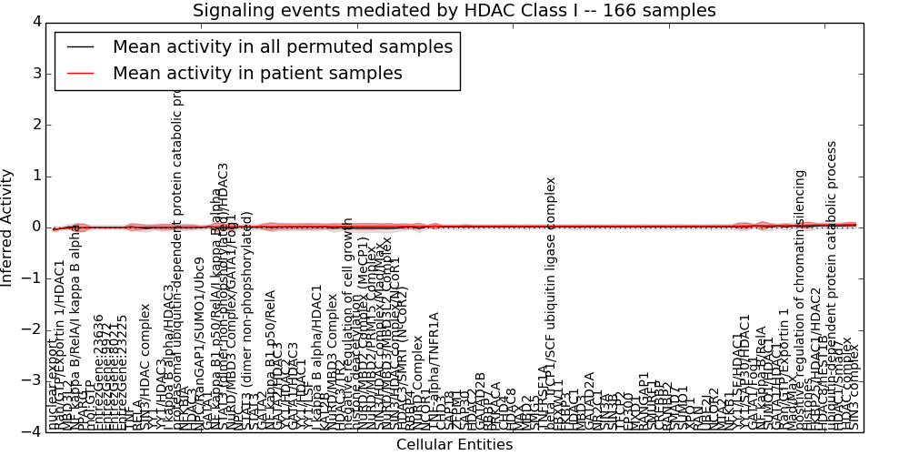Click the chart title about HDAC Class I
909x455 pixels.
[x=454, y=11]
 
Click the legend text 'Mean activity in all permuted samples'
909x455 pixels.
[x=282, y=47]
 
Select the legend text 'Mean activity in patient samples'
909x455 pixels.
[x=257, y=74]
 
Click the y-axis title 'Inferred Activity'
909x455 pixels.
[x=8, y=227]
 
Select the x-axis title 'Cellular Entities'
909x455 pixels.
[x=454, y=445]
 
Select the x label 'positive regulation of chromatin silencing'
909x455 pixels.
[x=800, y=300]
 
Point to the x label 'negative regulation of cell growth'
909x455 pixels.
[x=348, y=323]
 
